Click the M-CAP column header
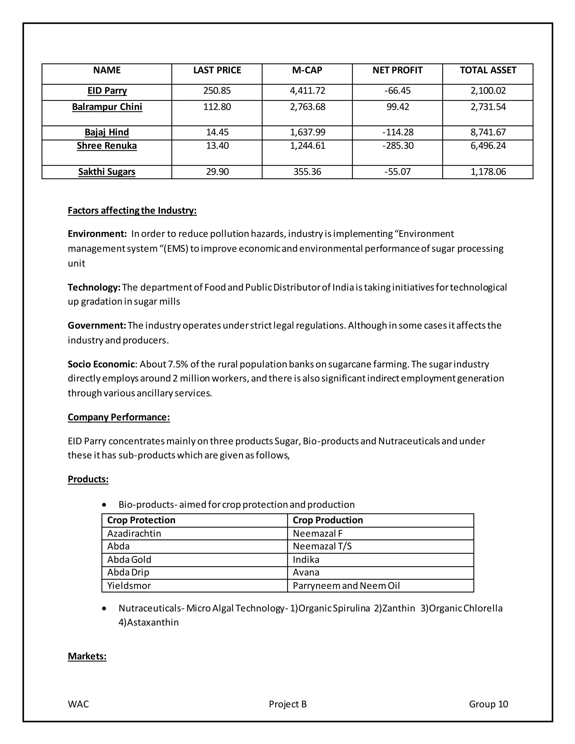pos(307,70)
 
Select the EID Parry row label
pos(107,91)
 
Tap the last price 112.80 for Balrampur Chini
pos(217,107)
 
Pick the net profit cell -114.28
pos(398,132)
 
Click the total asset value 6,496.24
pos(488,146)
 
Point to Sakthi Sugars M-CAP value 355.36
pos(307,172)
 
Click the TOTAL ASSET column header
pos(488,70)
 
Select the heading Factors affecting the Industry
pos(132,211)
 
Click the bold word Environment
pos(97,234)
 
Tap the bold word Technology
pos(94,287)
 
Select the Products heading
pos(88,479)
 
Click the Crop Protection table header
pos(141,520)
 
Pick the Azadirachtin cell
pos(134,533)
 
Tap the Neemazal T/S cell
pos(322,546)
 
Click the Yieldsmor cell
pos(129,586)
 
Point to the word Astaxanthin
pos(153,622)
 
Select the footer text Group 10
pos(488,704)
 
